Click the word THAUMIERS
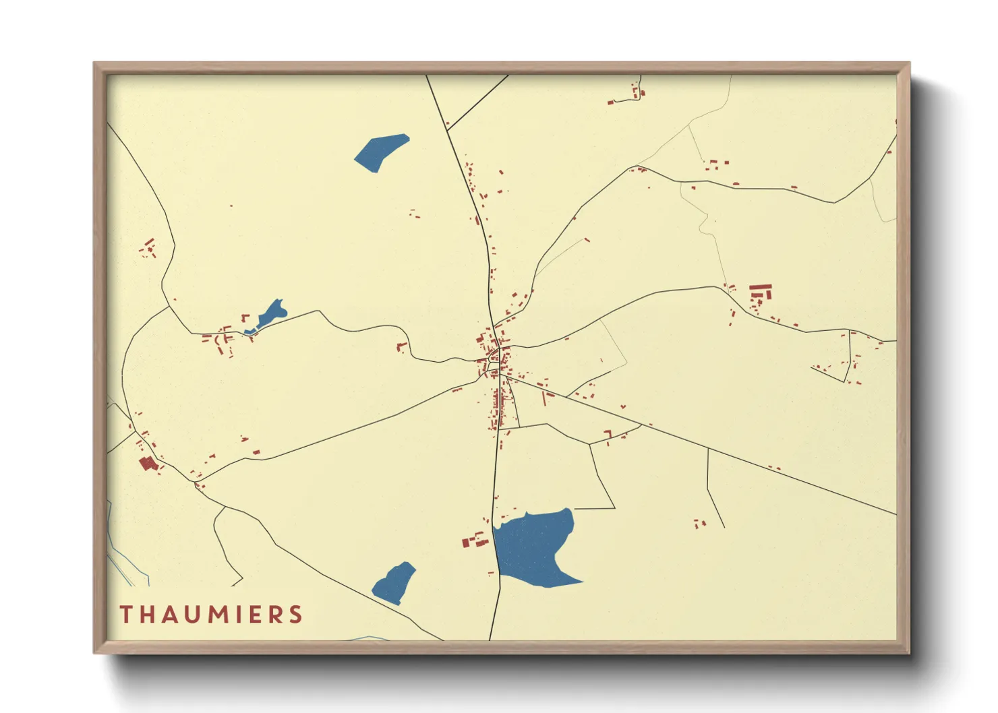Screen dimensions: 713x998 211,615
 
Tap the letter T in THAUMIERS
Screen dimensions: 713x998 125,615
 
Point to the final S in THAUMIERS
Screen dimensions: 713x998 295,615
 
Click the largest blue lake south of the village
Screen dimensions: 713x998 534,546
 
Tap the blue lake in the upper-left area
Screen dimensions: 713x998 380,152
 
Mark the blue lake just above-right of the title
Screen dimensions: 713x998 395,582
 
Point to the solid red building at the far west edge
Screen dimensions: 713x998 147,464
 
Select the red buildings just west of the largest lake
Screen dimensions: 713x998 475,540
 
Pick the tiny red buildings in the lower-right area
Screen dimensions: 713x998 700,523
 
